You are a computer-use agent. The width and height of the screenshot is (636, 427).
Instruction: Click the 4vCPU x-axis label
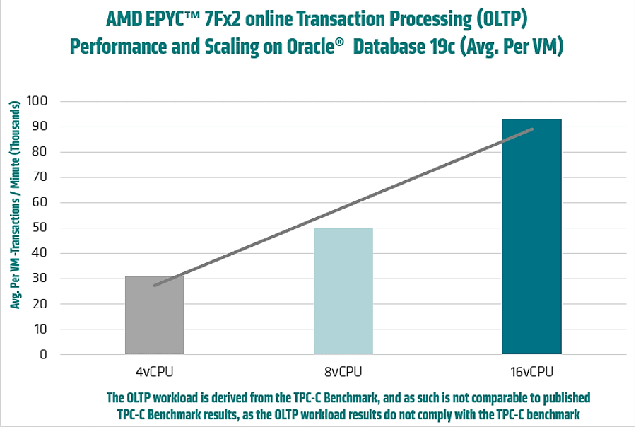coord(155,371)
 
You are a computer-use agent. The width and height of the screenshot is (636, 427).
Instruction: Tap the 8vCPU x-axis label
coord(343,371)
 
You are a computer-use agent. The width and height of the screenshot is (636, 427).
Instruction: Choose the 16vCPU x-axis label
coord(531,371)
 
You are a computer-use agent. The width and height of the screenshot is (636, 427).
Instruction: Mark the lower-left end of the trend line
coord(155,286)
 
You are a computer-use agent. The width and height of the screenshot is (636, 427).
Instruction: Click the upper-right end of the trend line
coord(532,129)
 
